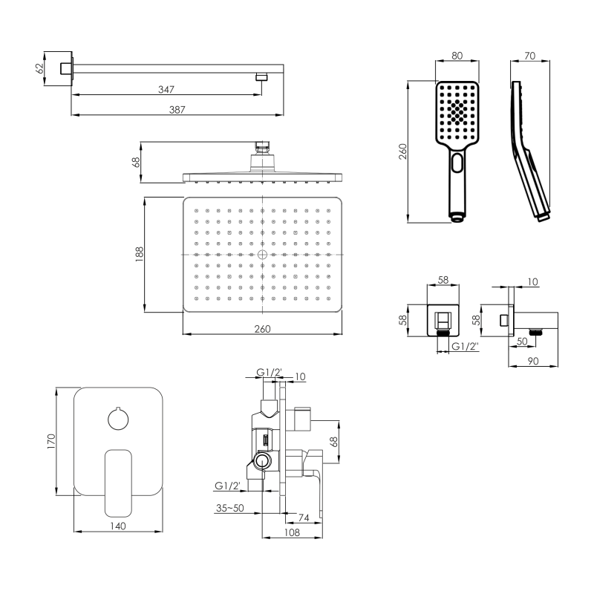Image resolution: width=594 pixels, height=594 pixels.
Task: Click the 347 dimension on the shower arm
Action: point(166,90)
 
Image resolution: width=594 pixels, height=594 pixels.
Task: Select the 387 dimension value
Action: point(176,109)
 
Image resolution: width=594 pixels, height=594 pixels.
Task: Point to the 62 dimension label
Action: point(40,68)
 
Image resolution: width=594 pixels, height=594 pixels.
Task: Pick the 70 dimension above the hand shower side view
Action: point(529,55)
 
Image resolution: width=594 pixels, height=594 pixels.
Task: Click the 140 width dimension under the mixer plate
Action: point(118,526)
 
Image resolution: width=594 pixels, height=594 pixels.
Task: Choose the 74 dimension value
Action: point(303,517)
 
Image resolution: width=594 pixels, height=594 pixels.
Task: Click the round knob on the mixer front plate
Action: point(118,420)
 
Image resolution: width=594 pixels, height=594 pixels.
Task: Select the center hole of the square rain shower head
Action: point(262,254)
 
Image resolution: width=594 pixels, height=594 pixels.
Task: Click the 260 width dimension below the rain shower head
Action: point(263,329)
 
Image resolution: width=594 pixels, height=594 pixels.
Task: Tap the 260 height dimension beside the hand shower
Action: point(402,151)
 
